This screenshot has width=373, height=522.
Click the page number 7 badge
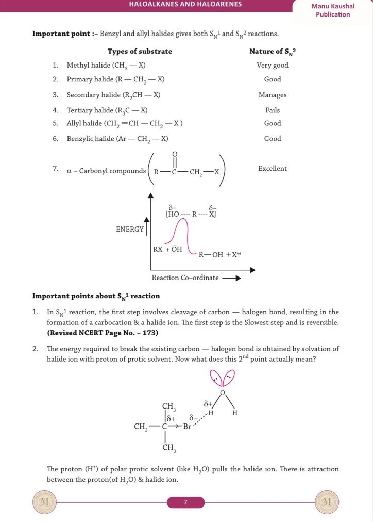[x=186, y=502]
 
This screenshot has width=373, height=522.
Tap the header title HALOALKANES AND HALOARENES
[x=186, y=5]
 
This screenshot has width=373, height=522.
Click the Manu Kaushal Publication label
[x=333, y=10]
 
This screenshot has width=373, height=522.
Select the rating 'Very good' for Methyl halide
[x=273, y=66]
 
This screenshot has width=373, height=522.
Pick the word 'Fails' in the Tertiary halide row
[x=273, y=110]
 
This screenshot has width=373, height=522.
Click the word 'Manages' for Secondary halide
[x=273, y=95]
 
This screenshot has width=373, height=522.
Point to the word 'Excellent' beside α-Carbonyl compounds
[x=273, y=169]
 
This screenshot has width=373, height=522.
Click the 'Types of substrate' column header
[x=140, y=51]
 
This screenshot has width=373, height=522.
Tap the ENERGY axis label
[x=130, y=229]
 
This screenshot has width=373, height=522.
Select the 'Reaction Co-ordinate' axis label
[x=185, y=278]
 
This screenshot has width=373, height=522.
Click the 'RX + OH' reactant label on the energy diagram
[x=167, y=249]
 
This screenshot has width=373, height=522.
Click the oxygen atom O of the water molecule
[x=223, y=393]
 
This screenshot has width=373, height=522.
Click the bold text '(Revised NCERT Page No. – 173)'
[x=103, y=333]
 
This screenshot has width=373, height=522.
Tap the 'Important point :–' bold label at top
[x=65, y=34]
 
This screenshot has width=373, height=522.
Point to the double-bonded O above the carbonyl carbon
[x=175, y=154]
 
